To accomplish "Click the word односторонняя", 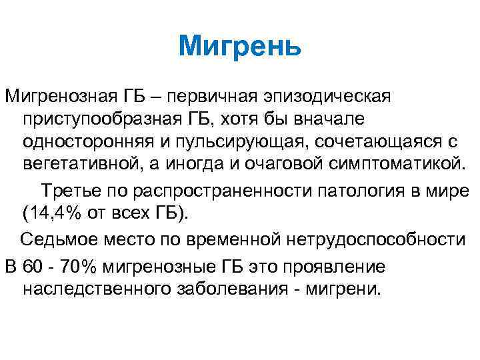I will point(85,142).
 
